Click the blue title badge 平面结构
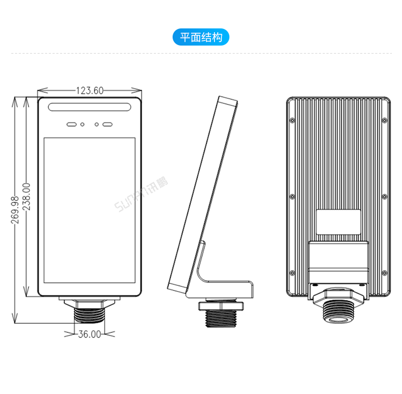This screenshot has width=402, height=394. (x=201, y=37)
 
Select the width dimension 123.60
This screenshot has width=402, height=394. (x=90, y=91)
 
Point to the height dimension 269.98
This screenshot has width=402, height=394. (x=15, y=209)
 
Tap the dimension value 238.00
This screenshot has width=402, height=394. (x=26, y=197)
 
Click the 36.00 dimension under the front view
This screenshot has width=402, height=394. (x=90, y=334)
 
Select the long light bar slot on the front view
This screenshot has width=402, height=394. (x=90, y=107)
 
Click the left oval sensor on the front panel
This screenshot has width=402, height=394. (x=71, y=124)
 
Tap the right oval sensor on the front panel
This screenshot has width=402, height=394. (x=108, y=124)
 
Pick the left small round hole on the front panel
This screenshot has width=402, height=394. (x=83, y=124)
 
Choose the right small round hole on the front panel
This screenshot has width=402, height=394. (x=96, y=124)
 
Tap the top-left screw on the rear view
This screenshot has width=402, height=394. (x=292, y=120)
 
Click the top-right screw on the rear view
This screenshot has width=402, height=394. (x=384, y=120)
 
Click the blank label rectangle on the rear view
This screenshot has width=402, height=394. (x=338, y=222)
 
